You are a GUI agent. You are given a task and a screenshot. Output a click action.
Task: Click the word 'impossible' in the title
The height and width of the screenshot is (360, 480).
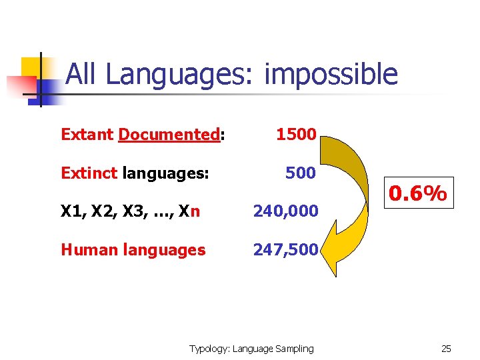[331, 75]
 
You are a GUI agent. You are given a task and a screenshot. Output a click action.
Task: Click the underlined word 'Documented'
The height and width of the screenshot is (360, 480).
[169, 135]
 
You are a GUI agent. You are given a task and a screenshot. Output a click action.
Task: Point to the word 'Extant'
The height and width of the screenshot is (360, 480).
[87, 135]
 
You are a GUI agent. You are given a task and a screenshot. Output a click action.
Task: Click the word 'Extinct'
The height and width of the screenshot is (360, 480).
[89, 173]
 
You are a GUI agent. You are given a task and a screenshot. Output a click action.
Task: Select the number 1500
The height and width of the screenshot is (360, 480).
[296, 134]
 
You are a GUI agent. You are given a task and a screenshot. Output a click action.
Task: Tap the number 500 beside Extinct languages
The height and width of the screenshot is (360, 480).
[300, 173]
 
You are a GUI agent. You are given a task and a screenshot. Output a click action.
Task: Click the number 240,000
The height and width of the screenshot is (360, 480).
[285, 211]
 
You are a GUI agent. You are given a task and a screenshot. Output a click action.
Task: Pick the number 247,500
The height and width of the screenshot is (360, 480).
[285, 250]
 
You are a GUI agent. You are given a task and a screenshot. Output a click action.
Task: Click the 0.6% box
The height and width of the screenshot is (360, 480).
[418, 194]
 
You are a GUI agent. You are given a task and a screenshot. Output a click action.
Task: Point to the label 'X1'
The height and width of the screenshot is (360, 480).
[71, 212]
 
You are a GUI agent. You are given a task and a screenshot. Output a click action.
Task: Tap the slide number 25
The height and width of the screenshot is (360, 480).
[446, 349]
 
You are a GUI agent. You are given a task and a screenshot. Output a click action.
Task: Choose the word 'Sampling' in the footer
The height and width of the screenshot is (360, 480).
[295, 349]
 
